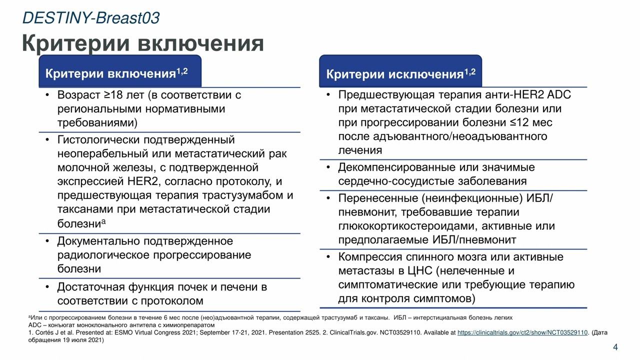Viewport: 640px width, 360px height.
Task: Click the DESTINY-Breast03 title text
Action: [x=91, y=17]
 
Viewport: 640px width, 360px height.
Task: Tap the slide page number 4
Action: [x=615, y=347]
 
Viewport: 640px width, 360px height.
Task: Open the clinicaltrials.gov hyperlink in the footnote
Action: [x=522, y=332]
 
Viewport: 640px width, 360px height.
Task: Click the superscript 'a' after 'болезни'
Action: [x=103, y=220]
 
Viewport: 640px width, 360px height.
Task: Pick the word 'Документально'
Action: [x=98, y=241]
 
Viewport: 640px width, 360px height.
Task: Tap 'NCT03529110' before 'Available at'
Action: [x=398, y=332]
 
